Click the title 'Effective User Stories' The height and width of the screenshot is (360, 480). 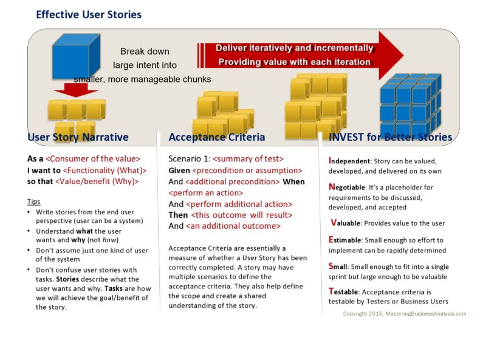coord(89,15)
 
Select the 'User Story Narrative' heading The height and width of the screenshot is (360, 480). coord(78,137)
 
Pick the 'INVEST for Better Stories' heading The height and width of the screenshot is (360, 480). coord(390,137)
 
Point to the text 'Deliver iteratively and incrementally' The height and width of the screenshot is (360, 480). coord(294,48)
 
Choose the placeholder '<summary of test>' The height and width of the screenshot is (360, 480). coord(246,158)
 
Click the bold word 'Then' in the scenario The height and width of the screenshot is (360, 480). coord(178,216)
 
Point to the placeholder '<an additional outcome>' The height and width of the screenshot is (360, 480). coord(233,226)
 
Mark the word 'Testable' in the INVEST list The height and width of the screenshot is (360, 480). coord(343,292)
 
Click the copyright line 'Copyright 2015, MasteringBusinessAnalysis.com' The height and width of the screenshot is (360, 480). coord(405,314)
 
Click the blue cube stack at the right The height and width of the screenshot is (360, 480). coord(410,100)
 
